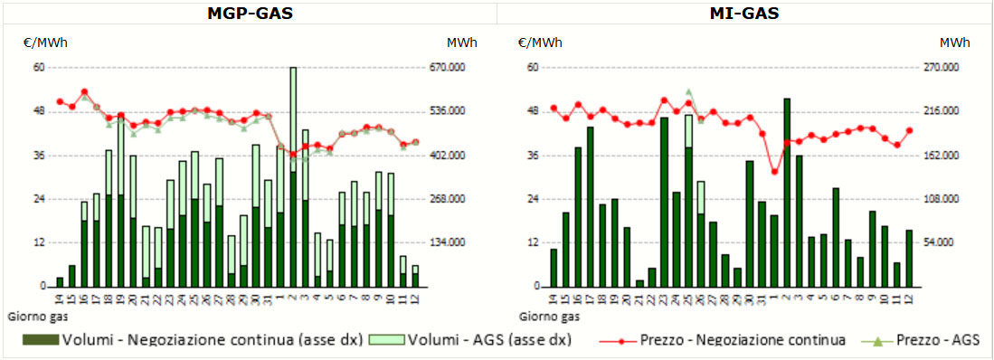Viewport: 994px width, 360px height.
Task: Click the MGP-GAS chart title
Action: tap(251, 14)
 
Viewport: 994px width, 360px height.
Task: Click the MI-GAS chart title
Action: tap(744, 14)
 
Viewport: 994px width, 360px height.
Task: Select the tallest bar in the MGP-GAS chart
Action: tap(293, 176)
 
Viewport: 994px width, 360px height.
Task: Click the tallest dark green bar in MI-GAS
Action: tap(787, 193)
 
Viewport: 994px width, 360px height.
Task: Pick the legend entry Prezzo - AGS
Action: tap(919, 340)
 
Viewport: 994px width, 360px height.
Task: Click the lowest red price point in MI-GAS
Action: tap(774, 171)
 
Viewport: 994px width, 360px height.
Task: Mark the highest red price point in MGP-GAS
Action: tap(84, 92)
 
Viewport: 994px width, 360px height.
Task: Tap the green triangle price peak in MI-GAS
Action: tap(689, 92)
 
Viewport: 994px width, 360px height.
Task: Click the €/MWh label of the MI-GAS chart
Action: tap(539, 43)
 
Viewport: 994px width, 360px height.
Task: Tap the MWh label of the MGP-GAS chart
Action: tap(461, 43)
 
